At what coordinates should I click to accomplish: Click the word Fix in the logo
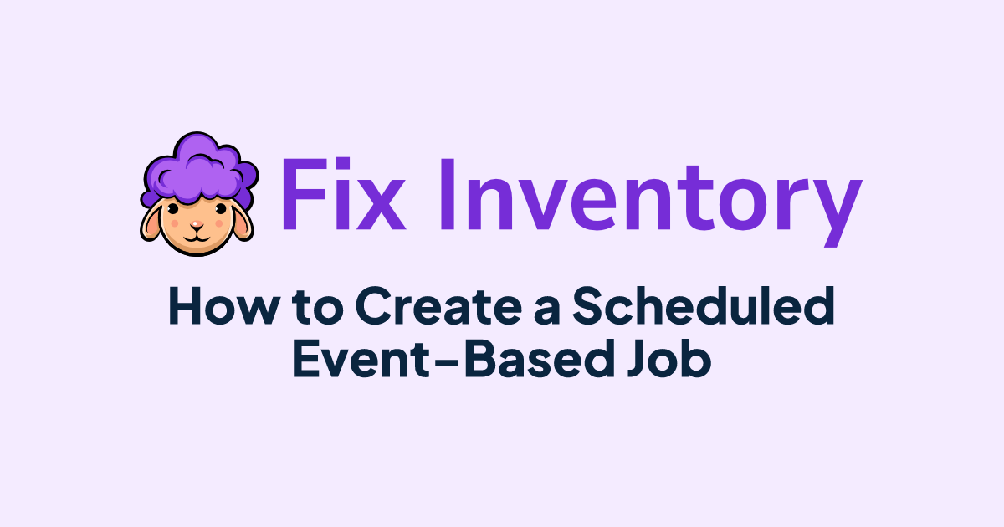pyautogui.click(x=343, y=193)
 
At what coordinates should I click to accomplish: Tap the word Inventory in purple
pyautogui.click(x=651, y=202)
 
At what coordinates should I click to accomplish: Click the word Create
pyautogui.click(x=438, y=306)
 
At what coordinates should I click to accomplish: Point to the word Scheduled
pyautogui.click(x=704, y=305)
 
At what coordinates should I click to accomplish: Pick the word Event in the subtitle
pyautogui.click(x=368, y=359)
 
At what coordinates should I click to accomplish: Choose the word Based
pyautogui.click(x=539, y=359)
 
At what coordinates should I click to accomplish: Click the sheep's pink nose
pyautogui.click(x=197, y=223)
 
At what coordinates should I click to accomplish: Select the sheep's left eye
pyautogui.click(x=173, y=208)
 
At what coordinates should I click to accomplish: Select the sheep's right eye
pyautogui.click(x=221, y=209)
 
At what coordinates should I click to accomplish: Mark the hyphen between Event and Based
pyautogui.click(x=453, y=361)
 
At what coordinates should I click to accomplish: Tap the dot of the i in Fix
pyautogui.click(x=343, y=164)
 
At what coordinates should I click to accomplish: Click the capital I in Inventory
pyautogui.click(x=448, y=194)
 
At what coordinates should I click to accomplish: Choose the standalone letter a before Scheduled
pyautogui.click(x=547, y=310)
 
